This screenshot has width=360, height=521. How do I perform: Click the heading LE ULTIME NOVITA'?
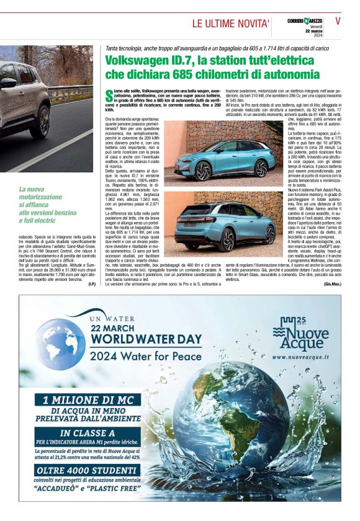click(x=230, y=24)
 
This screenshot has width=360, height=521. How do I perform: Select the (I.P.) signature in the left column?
click(x=91, y=283)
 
